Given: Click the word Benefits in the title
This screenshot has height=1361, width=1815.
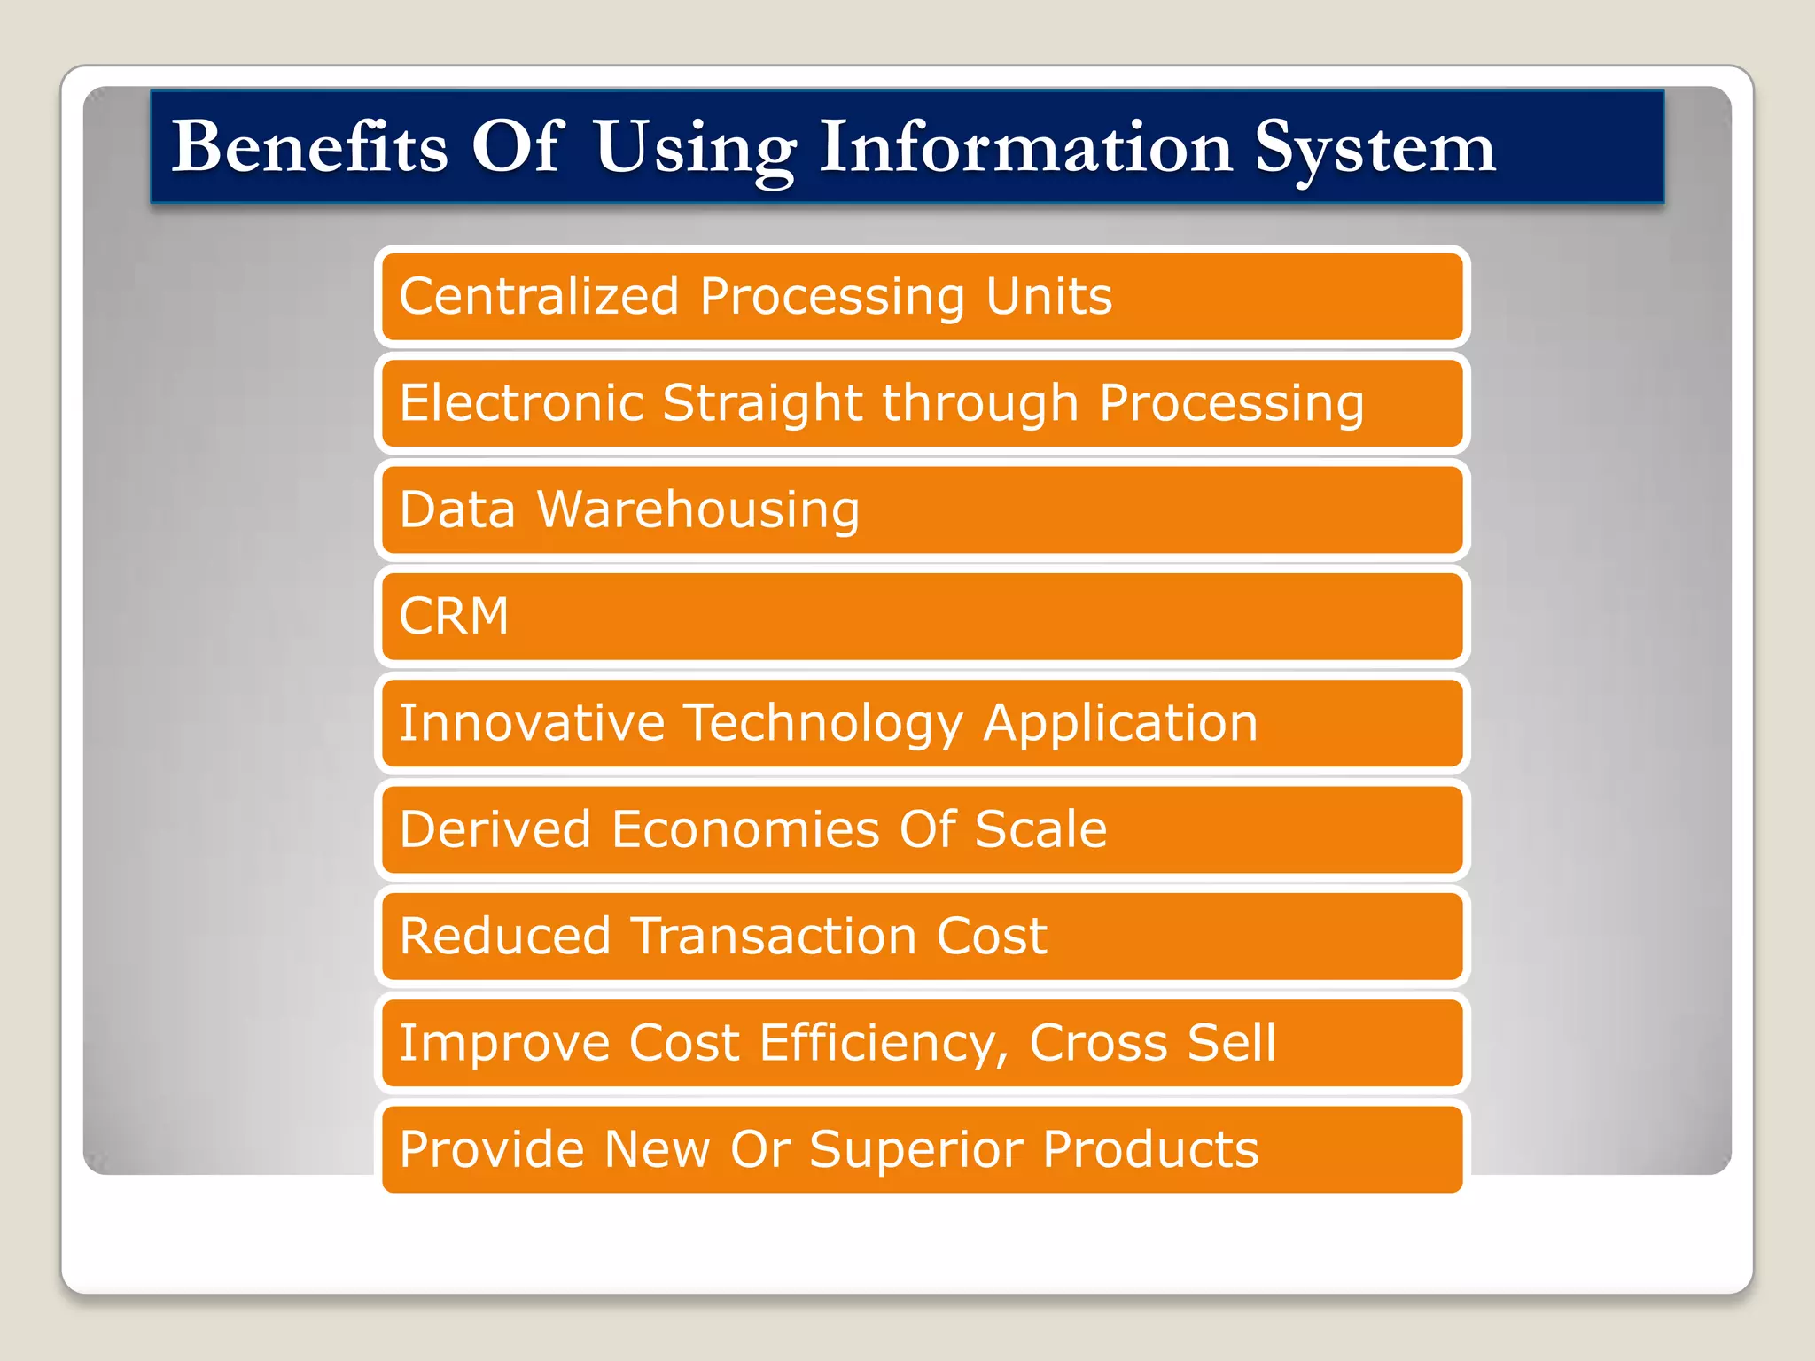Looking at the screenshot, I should tap(309, 146).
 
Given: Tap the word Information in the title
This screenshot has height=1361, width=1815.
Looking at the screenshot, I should tap(1025, 146).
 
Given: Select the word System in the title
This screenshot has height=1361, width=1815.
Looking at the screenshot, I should tap(1375, 148).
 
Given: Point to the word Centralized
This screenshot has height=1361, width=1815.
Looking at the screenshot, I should tap(539, 296).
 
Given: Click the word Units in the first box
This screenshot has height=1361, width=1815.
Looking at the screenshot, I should tap(1048, 296).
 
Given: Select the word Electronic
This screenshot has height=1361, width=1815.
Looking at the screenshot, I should tap(521, 403).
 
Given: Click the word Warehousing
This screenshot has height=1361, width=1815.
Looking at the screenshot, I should tap(698, 510).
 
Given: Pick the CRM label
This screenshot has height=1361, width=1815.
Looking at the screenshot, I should tap(455, 617).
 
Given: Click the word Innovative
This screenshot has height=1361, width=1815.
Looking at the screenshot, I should tap(532, 723).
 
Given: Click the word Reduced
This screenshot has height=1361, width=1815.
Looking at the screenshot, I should tap(505, 937).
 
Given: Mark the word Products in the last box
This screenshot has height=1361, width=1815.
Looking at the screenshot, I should tap(1150, 1150).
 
